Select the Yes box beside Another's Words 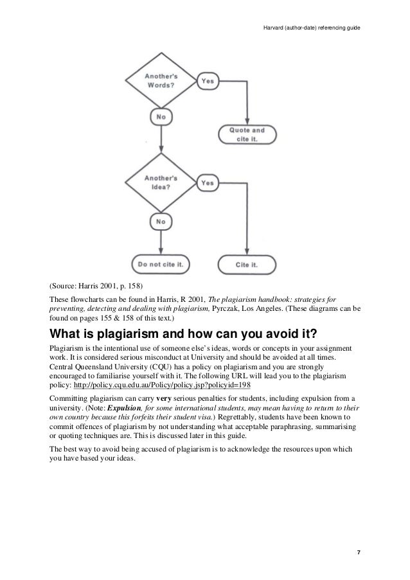click(208, 81)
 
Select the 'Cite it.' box click(247, 263)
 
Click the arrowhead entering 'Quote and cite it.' click(247, 122)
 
